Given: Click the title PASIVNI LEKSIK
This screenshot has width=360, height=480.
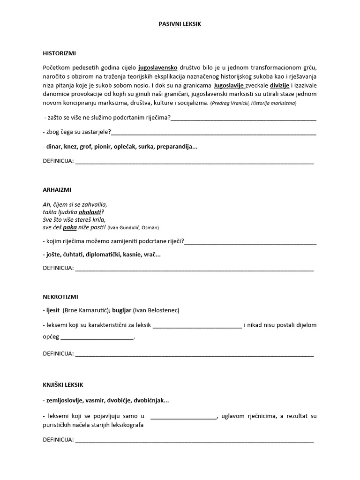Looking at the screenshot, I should click(180, 23).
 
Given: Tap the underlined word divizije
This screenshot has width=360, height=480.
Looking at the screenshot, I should click(278, 85).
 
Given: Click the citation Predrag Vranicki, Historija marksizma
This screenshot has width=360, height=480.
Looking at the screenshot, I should click(253, 103).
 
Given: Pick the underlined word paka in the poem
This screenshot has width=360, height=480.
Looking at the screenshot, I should click(69, 227).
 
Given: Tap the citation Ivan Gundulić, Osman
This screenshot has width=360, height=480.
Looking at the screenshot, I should click(133, 228).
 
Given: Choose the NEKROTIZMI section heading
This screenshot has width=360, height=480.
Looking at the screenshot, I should click(60, 297).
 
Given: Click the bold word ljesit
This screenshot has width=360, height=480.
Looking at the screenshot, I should click(53, 310).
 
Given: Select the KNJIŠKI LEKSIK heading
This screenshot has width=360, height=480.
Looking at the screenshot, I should click(63, 385).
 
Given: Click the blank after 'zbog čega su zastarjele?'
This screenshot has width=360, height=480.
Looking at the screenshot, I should click(213, 132).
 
